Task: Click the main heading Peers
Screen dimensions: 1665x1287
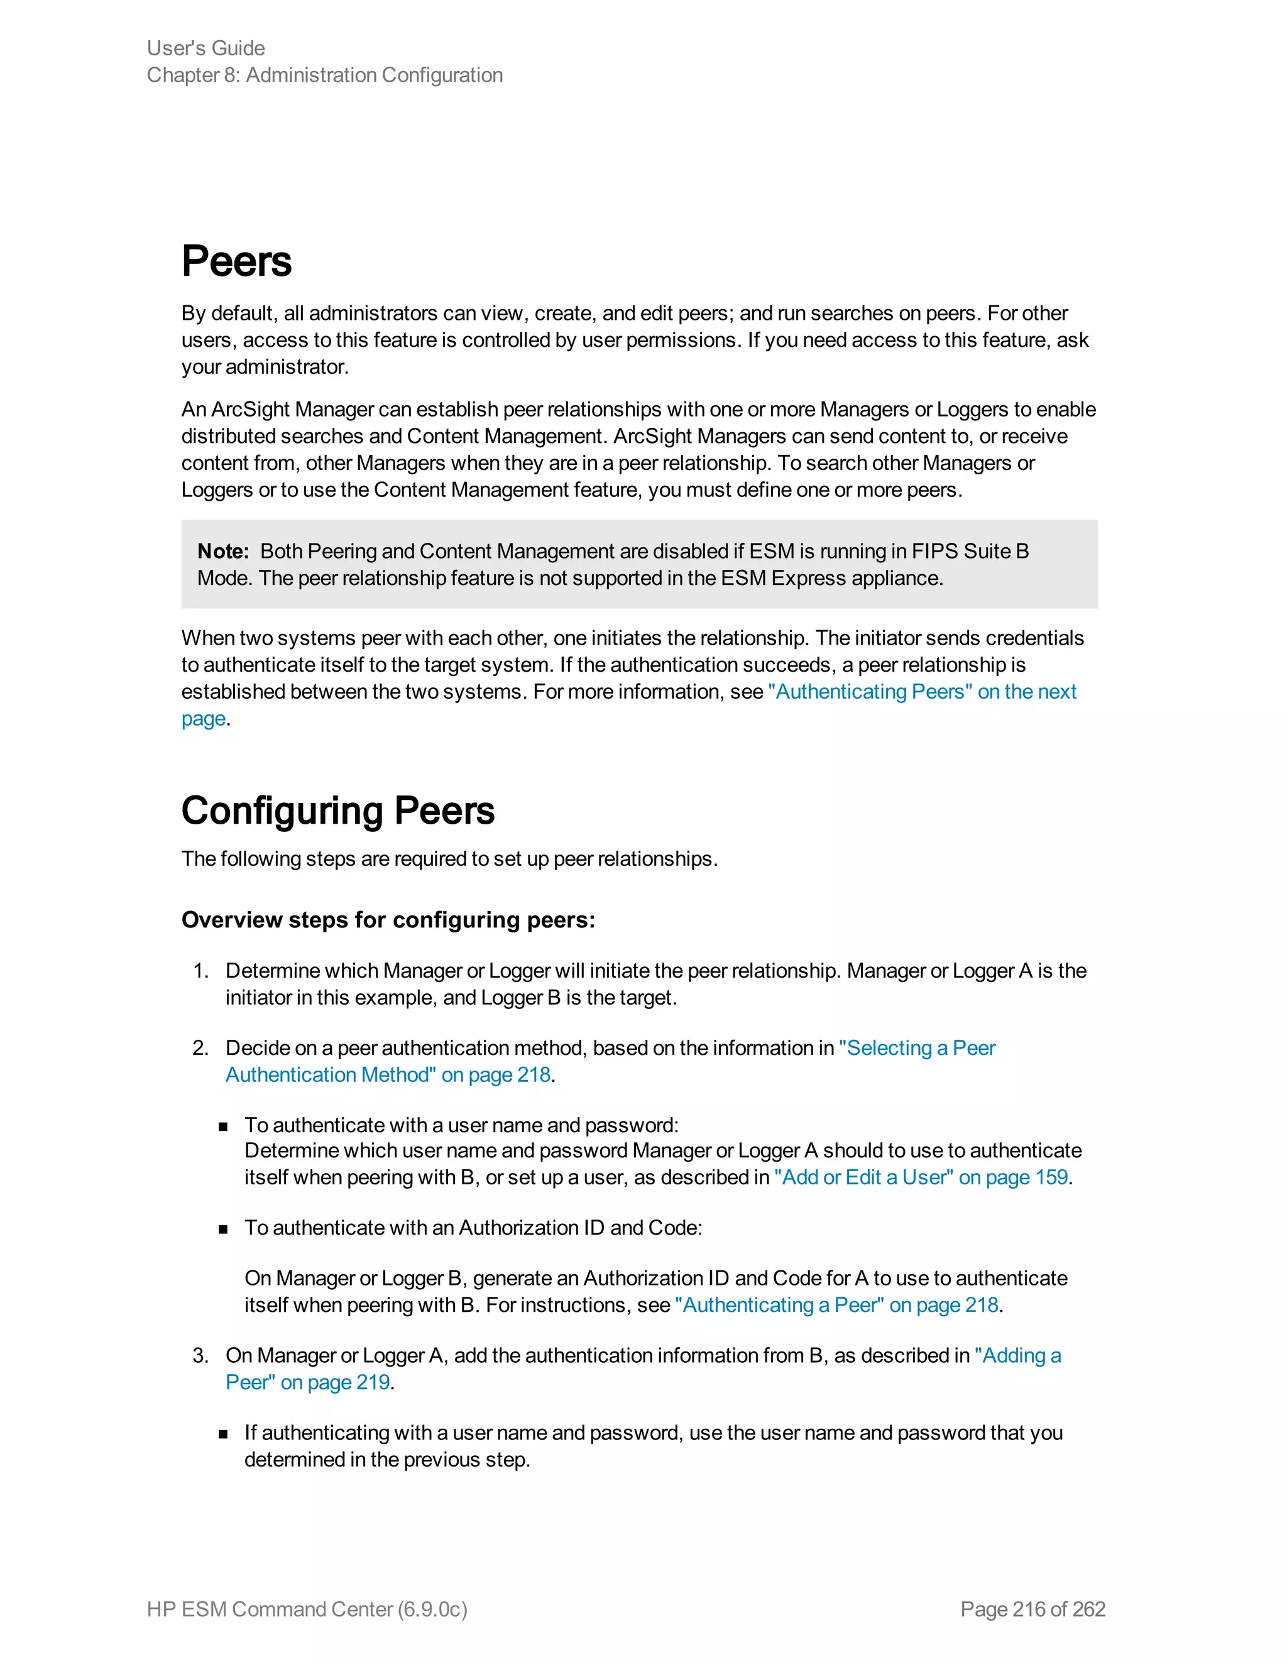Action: click(x=236, y=261)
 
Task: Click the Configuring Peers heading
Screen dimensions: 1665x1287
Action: click(x=337, y=811)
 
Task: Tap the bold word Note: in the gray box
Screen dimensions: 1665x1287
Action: click(x=222, y=551)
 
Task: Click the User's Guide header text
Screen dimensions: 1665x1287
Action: click(x=206, y=48)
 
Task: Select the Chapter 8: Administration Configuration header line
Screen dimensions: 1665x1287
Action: click(x=325, y=75)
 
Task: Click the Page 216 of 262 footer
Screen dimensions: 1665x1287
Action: click(x=1032, y=1608)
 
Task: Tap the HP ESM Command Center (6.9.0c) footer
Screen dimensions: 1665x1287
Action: click(x=307, y=1608)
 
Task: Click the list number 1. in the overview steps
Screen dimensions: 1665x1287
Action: click(x=200, y=971)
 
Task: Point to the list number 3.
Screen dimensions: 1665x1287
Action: click(x=200, y=1355)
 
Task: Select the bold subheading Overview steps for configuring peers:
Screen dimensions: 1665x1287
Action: click(x=388, y=920)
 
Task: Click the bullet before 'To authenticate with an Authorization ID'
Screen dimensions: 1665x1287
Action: click(x=223, y=1229)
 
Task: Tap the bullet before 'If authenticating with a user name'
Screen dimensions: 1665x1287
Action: click(x=223, y=1434)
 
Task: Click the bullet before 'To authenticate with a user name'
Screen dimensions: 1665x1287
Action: click(x=223, y=1127)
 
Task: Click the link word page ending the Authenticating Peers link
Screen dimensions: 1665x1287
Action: click(x=204, y=718)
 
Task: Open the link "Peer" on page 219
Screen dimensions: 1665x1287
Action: click(x=308, y=1382)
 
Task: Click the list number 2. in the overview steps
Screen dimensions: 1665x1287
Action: click(x=200, y=1048)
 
